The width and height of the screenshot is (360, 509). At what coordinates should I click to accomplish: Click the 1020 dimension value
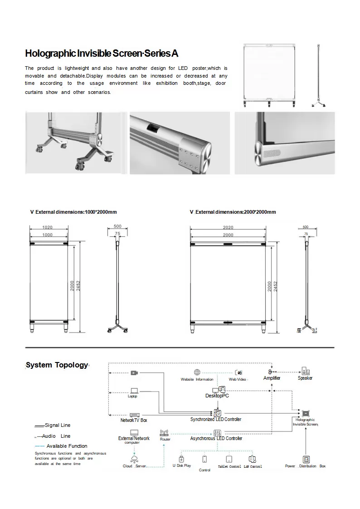tap(47, 227)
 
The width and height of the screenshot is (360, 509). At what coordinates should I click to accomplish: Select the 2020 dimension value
tap(228, 227)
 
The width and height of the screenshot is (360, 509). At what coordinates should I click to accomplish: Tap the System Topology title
tap(57, 365)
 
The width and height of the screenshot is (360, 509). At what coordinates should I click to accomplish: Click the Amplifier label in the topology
tap(272, 378)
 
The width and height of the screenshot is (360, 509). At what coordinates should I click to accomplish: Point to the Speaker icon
tap(305, 372)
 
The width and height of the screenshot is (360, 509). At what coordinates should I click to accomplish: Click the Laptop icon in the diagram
tap(134, 390)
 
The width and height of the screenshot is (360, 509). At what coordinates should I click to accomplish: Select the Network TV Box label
tap(134, 421)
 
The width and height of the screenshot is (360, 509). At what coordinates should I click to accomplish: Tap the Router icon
tap(164, 433)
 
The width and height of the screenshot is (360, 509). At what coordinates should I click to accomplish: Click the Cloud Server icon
tap(134, 459)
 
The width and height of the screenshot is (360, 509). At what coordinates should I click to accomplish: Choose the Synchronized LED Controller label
tap(216, 420)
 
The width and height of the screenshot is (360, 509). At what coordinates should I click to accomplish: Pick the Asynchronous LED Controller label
tap(216, 439)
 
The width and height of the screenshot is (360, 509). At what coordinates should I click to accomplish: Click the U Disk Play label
tap(182, 466)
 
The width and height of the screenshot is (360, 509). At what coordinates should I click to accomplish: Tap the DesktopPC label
tap(217, 396)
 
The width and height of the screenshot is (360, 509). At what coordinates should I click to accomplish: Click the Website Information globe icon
tap(197, 372)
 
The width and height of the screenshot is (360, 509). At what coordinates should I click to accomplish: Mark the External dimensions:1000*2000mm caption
tap(73, 212)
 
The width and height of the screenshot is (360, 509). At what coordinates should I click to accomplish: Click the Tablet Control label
tap(229, 466)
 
